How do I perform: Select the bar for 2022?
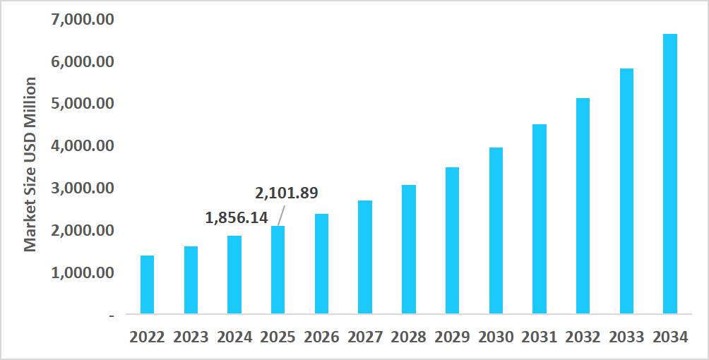147,284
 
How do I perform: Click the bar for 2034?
670,174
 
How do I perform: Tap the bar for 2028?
408,249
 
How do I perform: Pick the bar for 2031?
540,219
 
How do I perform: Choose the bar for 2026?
321,263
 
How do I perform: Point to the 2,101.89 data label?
286,192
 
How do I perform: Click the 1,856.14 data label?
237,217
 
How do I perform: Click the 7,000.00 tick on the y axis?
83,19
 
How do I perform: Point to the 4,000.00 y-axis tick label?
83,145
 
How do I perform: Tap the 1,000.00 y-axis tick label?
83,272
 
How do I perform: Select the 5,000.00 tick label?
83,103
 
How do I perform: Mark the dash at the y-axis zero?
111,314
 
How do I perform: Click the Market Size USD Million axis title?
30,164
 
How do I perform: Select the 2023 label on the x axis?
191,337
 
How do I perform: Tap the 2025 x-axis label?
278,337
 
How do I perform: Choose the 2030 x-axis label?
496,337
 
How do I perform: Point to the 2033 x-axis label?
626,337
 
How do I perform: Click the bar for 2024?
234,275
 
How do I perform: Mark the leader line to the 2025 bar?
281,215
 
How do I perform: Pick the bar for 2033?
626,191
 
